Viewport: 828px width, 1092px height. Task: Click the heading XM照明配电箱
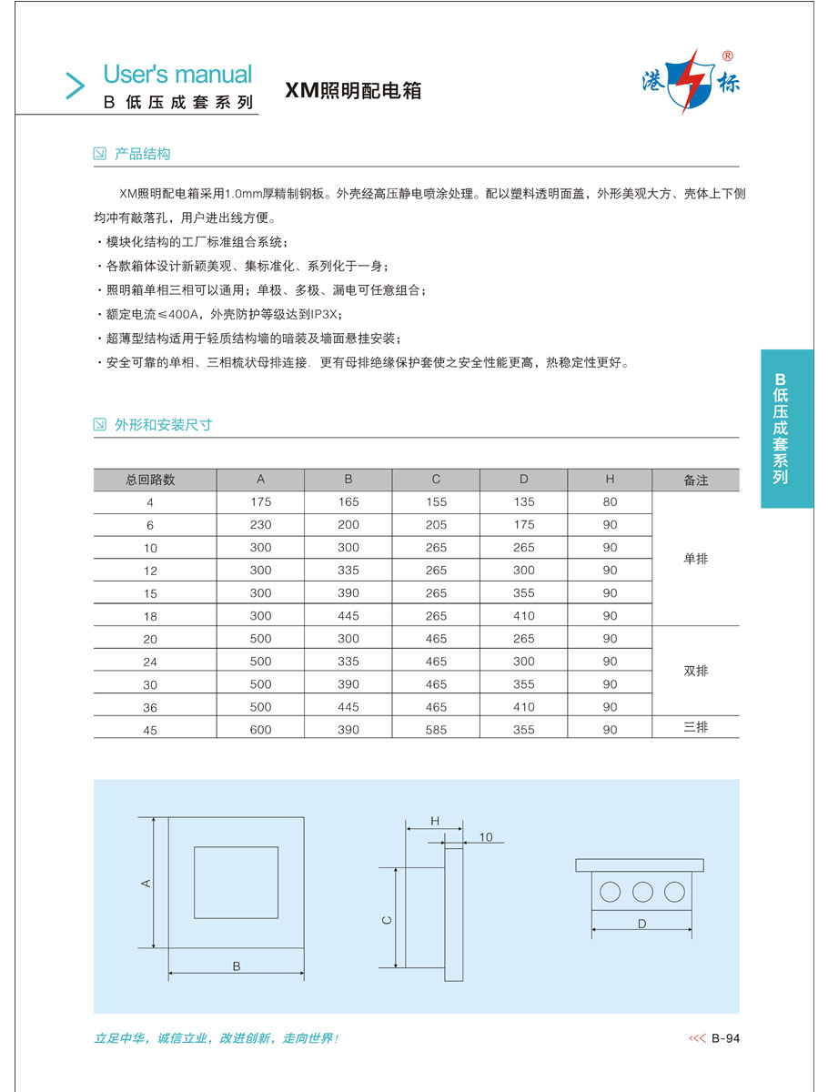(354, 91)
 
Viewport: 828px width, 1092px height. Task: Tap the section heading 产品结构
(142, 154)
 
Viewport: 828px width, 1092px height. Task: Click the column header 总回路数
(151, 480)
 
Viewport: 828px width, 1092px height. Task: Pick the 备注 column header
(695, 480)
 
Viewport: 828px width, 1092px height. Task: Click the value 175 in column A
(260, 502)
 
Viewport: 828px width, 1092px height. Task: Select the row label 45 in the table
(151, 730)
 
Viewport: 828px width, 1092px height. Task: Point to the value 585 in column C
(436, 730)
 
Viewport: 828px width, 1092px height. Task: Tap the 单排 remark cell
(695, 559)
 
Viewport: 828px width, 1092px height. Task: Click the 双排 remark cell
(695, 672)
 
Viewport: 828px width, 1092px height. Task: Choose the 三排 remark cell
(695, 726)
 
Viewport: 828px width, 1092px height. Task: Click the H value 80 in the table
(610, 502)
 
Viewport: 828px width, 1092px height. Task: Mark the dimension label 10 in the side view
(485, 837)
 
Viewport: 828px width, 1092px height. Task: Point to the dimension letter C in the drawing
(387, 920)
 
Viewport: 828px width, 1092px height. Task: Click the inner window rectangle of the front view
(236, 882)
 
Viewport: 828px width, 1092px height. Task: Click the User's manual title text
(177, 74)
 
